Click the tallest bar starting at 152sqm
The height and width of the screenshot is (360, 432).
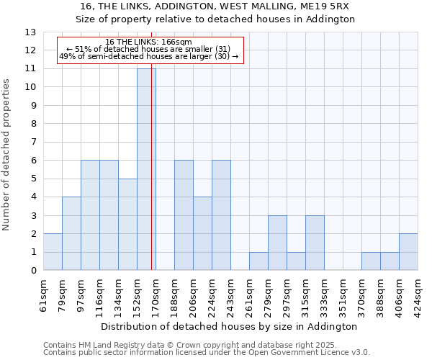[146, 169]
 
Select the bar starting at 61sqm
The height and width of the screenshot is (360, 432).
[53, 252]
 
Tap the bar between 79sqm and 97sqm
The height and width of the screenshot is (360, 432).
[71, 233]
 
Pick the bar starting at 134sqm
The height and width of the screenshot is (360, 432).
[127, 225]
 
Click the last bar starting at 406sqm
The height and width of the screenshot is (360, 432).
[408, 252]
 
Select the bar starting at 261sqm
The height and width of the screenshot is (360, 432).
[258, 261]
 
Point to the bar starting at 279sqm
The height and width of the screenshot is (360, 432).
[277, 243]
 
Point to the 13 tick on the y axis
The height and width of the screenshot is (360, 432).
[30, 32]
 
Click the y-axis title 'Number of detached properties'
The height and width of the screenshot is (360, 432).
[6, 156]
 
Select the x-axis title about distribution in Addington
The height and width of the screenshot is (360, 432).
[230, 326]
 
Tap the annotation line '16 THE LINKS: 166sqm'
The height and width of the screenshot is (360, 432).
[148, 42]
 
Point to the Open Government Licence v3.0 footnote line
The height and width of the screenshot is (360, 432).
[207, 352]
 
